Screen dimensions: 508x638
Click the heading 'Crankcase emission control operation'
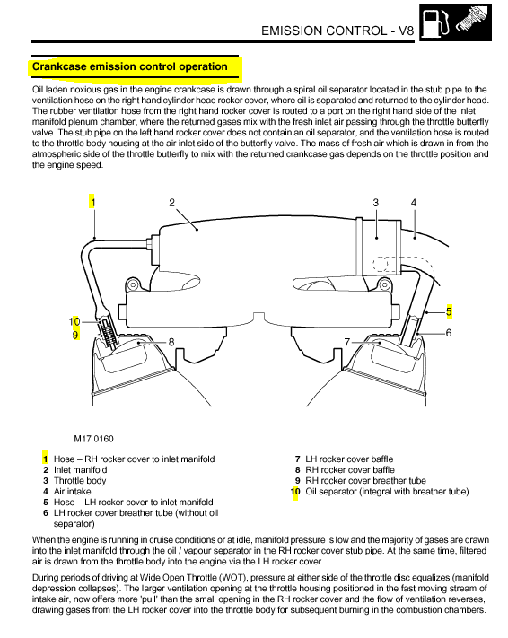click(x=130, y=66)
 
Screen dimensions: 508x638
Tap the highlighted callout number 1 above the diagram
click(x=92, y=202)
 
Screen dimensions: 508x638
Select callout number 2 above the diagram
click(x=171, y=202)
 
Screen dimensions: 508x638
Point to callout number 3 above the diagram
click(x=375, y=202)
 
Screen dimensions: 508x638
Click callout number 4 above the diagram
click(x=414, y=202)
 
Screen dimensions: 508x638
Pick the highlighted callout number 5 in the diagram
click(x=449, y=311)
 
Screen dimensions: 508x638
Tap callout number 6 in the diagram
click(x=449, y=333)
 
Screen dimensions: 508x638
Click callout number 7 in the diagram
click(x=347, y=342)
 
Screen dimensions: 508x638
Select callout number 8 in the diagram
click(x=171, y=342)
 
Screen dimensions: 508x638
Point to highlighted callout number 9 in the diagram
click(x=75, y=336)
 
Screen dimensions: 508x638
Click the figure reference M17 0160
click(x=93, y=439)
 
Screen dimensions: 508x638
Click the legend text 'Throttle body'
click(x=80, y=481)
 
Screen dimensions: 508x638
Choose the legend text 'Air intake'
click(x=73, y=491)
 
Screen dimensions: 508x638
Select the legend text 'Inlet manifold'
click(x=81, y=469)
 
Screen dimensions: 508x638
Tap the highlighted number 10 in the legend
click(x=295, y=492)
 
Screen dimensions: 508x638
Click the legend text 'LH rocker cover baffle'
click(x=349, y=459)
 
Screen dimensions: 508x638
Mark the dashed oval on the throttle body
click(x=381, y=264)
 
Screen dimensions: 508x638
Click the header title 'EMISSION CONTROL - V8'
click(x=337, y=31)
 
